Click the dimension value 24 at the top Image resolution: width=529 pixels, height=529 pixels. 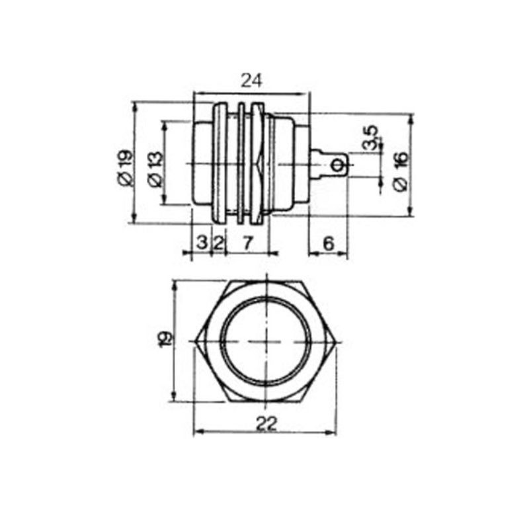[251, 81]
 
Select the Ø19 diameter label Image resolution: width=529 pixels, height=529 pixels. [126, 168]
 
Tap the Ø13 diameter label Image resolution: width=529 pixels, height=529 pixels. [155, 170]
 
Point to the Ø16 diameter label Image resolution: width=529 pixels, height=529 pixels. [401, 171]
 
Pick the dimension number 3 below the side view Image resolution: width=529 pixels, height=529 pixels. [202, 242]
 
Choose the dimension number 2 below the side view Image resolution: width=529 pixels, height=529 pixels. [219, 243]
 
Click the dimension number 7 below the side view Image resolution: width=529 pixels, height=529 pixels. [247, 243]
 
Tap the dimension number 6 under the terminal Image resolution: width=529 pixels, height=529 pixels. [328, 243]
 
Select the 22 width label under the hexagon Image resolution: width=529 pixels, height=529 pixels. [266, 424]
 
